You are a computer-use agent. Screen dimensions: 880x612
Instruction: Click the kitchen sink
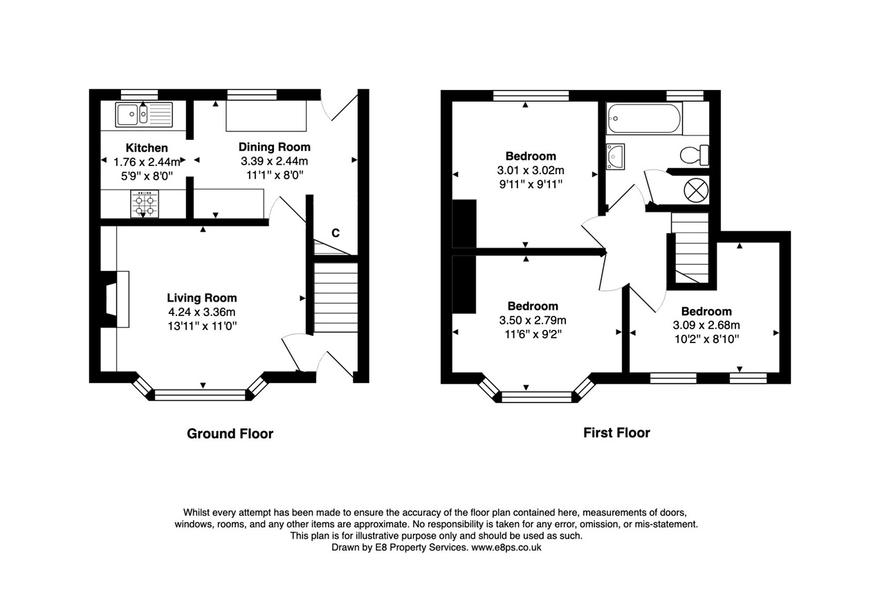[144, 114]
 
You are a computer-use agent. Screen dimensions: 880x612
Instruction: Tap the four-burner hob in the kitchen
[145, 204]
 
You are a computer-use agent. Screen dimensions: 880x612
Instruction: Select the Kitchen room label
[147, 148]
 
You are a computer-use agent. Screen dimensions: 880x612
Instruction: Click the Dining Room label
[275, 147]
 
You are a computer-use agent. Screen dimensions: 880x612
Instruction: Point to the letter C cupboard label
[336, 233]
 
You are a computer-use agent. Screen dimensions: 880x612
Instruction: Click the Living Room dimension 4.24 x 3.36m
[202, 312]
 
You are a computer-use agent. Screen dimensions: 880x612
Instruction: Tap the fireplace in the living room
[115, 299]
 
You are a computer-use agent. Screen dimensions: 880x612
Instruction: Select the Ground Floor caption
[230, 434]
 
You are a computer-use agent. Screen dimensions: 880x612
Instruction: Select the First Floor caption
[616, 432]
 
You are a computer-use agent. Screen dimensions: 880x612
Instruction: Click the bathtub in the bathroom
[644, 118]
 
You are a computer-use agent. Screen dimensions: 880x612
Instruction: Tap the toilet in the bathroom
[695, 155]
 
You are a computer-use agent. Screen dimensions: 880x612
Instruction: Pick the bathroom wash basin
[615, 156]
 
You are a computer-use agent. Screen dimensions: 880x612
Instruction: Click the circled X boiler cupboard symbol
[696, 190]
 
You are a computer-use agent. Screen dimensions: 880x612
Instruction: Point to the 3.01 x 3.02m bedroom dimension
[531, 171]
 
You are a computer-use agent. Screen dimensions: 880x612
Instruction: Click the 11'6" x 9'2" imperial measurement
[533, 334]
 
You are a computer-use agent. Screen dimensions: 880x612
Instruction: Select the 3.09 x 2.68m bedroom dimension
[706, 325]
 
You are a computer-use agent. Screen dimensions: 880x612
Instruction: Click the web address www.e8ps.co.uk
[506, 547]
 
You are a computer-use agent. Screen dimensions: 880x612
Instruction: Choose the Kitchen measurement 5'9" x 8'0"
[147, 176]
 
